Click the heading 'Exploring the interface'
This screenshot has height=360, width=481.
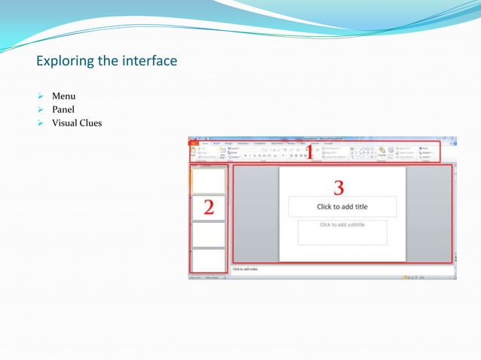pyautogui.click(x=106, y=60)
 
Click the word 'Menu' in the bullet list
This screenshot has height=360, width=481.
pyautogui.click(x=63, y=96)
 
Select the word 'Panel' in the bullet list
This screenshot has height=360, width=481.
pyautogui.click(x=63, y=110)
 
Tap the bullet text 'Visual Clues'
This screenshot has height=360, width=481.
pyautogui.click(x=76, y=124)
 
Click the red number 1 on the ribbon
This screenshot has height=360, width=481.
pyautogui.click(x=309, y=151)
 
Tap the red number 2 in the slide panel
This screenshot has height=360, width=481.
pyautogui.click(x=208, y=207)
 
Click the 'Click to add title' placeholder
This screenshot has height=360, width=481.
pyautogui.click(x=342, y=206)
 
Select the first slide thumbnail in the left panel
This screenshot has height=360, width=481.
pyautogui.click(x=208, y=181)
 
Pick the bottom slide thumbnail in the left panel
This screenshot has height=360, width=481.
pyautogui.click(x=208, y=261)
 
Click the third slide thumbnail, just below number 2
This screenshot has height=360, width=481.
pyautogui.click(x=208, y=234)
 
